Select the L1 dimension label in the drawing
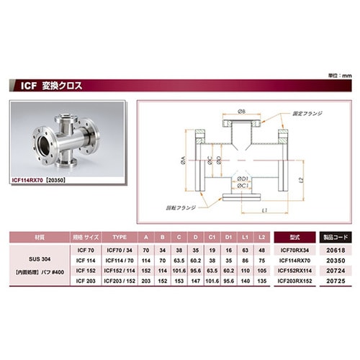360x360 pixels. (265, 210)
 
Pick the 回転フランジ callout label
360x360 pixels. (179, 206)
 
